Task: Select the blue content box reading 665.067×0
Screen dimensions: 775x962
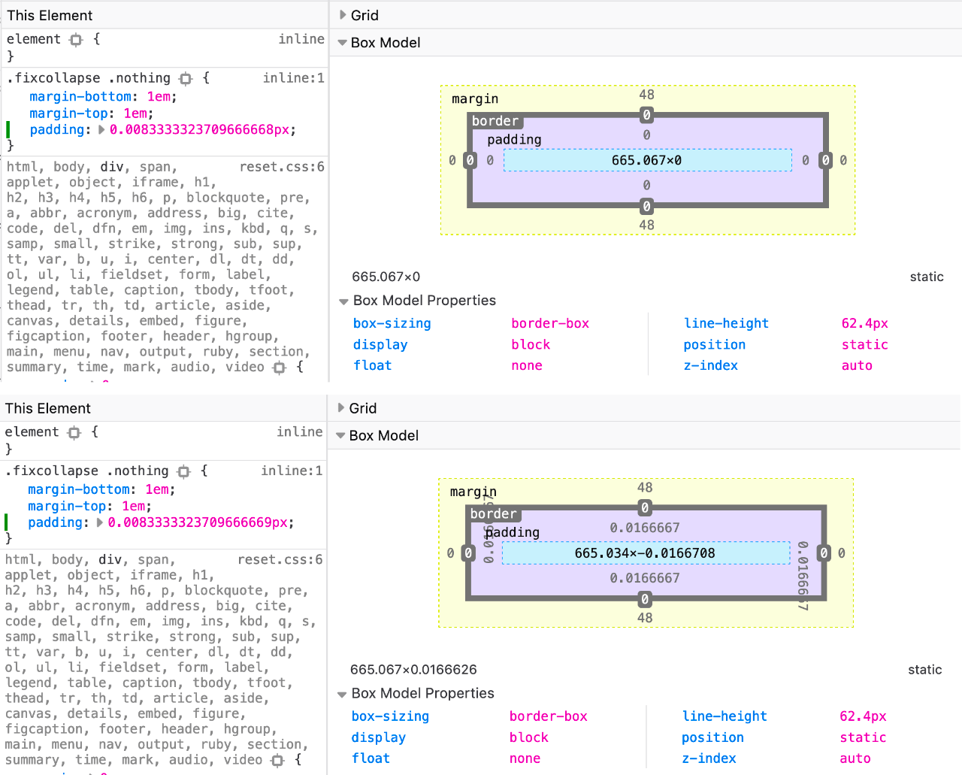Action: coord(647,160)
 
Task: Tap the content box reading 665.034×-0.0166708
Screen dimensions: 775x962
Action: coord(645,553)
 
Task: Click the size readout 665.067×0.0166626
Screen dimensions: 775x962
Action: coord(413,670)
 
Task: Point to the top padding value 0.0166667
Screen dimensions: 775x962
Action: coord(645,528)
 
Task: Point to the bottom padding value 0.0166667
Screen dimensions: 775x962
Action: coord(645,578)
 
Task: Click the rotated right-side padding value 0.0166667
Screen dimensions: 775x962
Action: coord(803,576)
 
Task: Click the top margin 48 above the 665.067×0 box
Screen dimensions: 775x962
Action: coord(646,95)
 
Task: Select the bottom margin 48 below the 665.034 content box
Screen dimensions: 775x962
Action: coord(645,618)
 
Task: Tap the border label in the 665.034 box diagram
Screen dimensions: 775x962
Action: coord(493,514)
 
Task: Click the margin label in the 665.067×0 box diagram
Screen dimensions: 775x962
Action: coord(475,99)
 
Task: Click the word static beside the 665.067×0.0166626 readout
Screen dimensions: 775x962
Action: coord(924,670)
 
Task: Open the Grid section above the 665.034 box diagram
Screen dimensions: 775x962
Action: coord(362,408)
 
